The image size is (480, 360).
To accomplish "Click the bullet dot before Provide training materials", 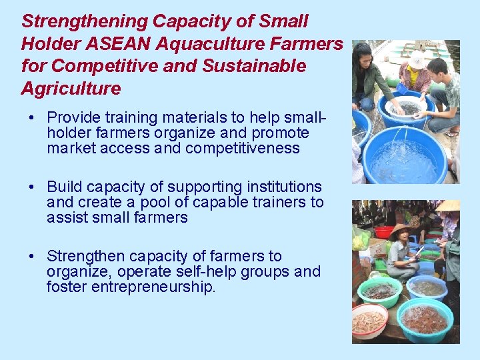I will pos(32,117).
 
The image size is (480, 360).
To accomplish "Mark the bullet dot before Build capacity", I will pos(32,187).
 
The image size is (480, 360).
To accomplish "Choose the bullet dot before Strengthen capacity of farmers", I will pos(32,257).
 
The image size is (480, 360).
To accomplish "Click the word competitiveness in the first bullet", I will pos(242,148).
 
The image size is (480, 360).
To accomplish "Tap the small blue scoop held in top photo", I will pos(401,87).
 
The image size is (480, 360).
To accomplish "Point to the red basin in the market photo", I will pos(384,232).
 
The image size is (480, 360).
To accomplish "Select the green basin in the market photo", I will pos(379,291).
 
